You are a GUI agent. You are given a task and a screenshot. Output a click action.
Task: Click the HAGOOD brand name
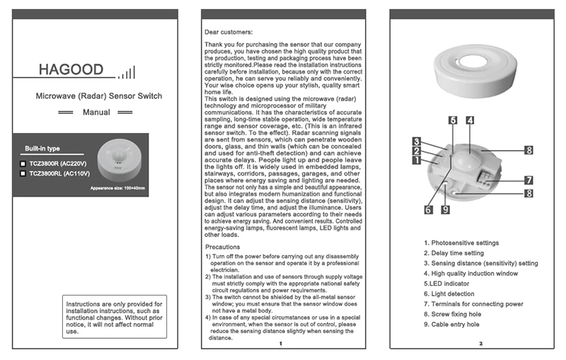pos(71,70)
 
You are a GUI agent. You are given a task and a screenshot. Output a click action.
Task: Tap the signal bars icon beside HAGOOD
pos(127,72)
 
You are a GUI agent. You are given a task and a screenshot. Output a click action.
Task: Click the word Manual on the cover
pos(96,112)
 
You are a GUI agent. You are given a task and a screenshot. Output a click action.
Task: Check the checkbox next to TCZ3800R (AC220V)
pos(23,163)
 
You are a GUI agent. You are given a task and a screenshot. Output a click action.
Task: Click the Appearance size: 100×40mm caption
pos(117,187)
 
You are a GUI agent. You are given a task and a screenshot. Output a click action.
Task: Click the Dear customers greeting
pos(228,32)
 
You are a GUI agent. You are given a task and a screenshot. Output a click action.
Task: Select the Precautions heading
pos(223,247)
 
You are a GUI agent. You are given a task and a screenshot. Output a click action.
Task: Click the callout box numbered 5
pos(452,121)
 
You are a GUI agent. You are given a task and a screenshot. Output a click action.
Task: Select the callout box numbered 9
pos(445,209)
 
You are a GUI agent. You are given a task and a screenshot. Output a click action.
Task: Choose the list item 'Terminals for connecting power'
pos(473,303)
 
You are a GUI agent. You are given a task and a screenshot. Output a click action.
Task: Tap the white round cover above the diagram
pos(477,69)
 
